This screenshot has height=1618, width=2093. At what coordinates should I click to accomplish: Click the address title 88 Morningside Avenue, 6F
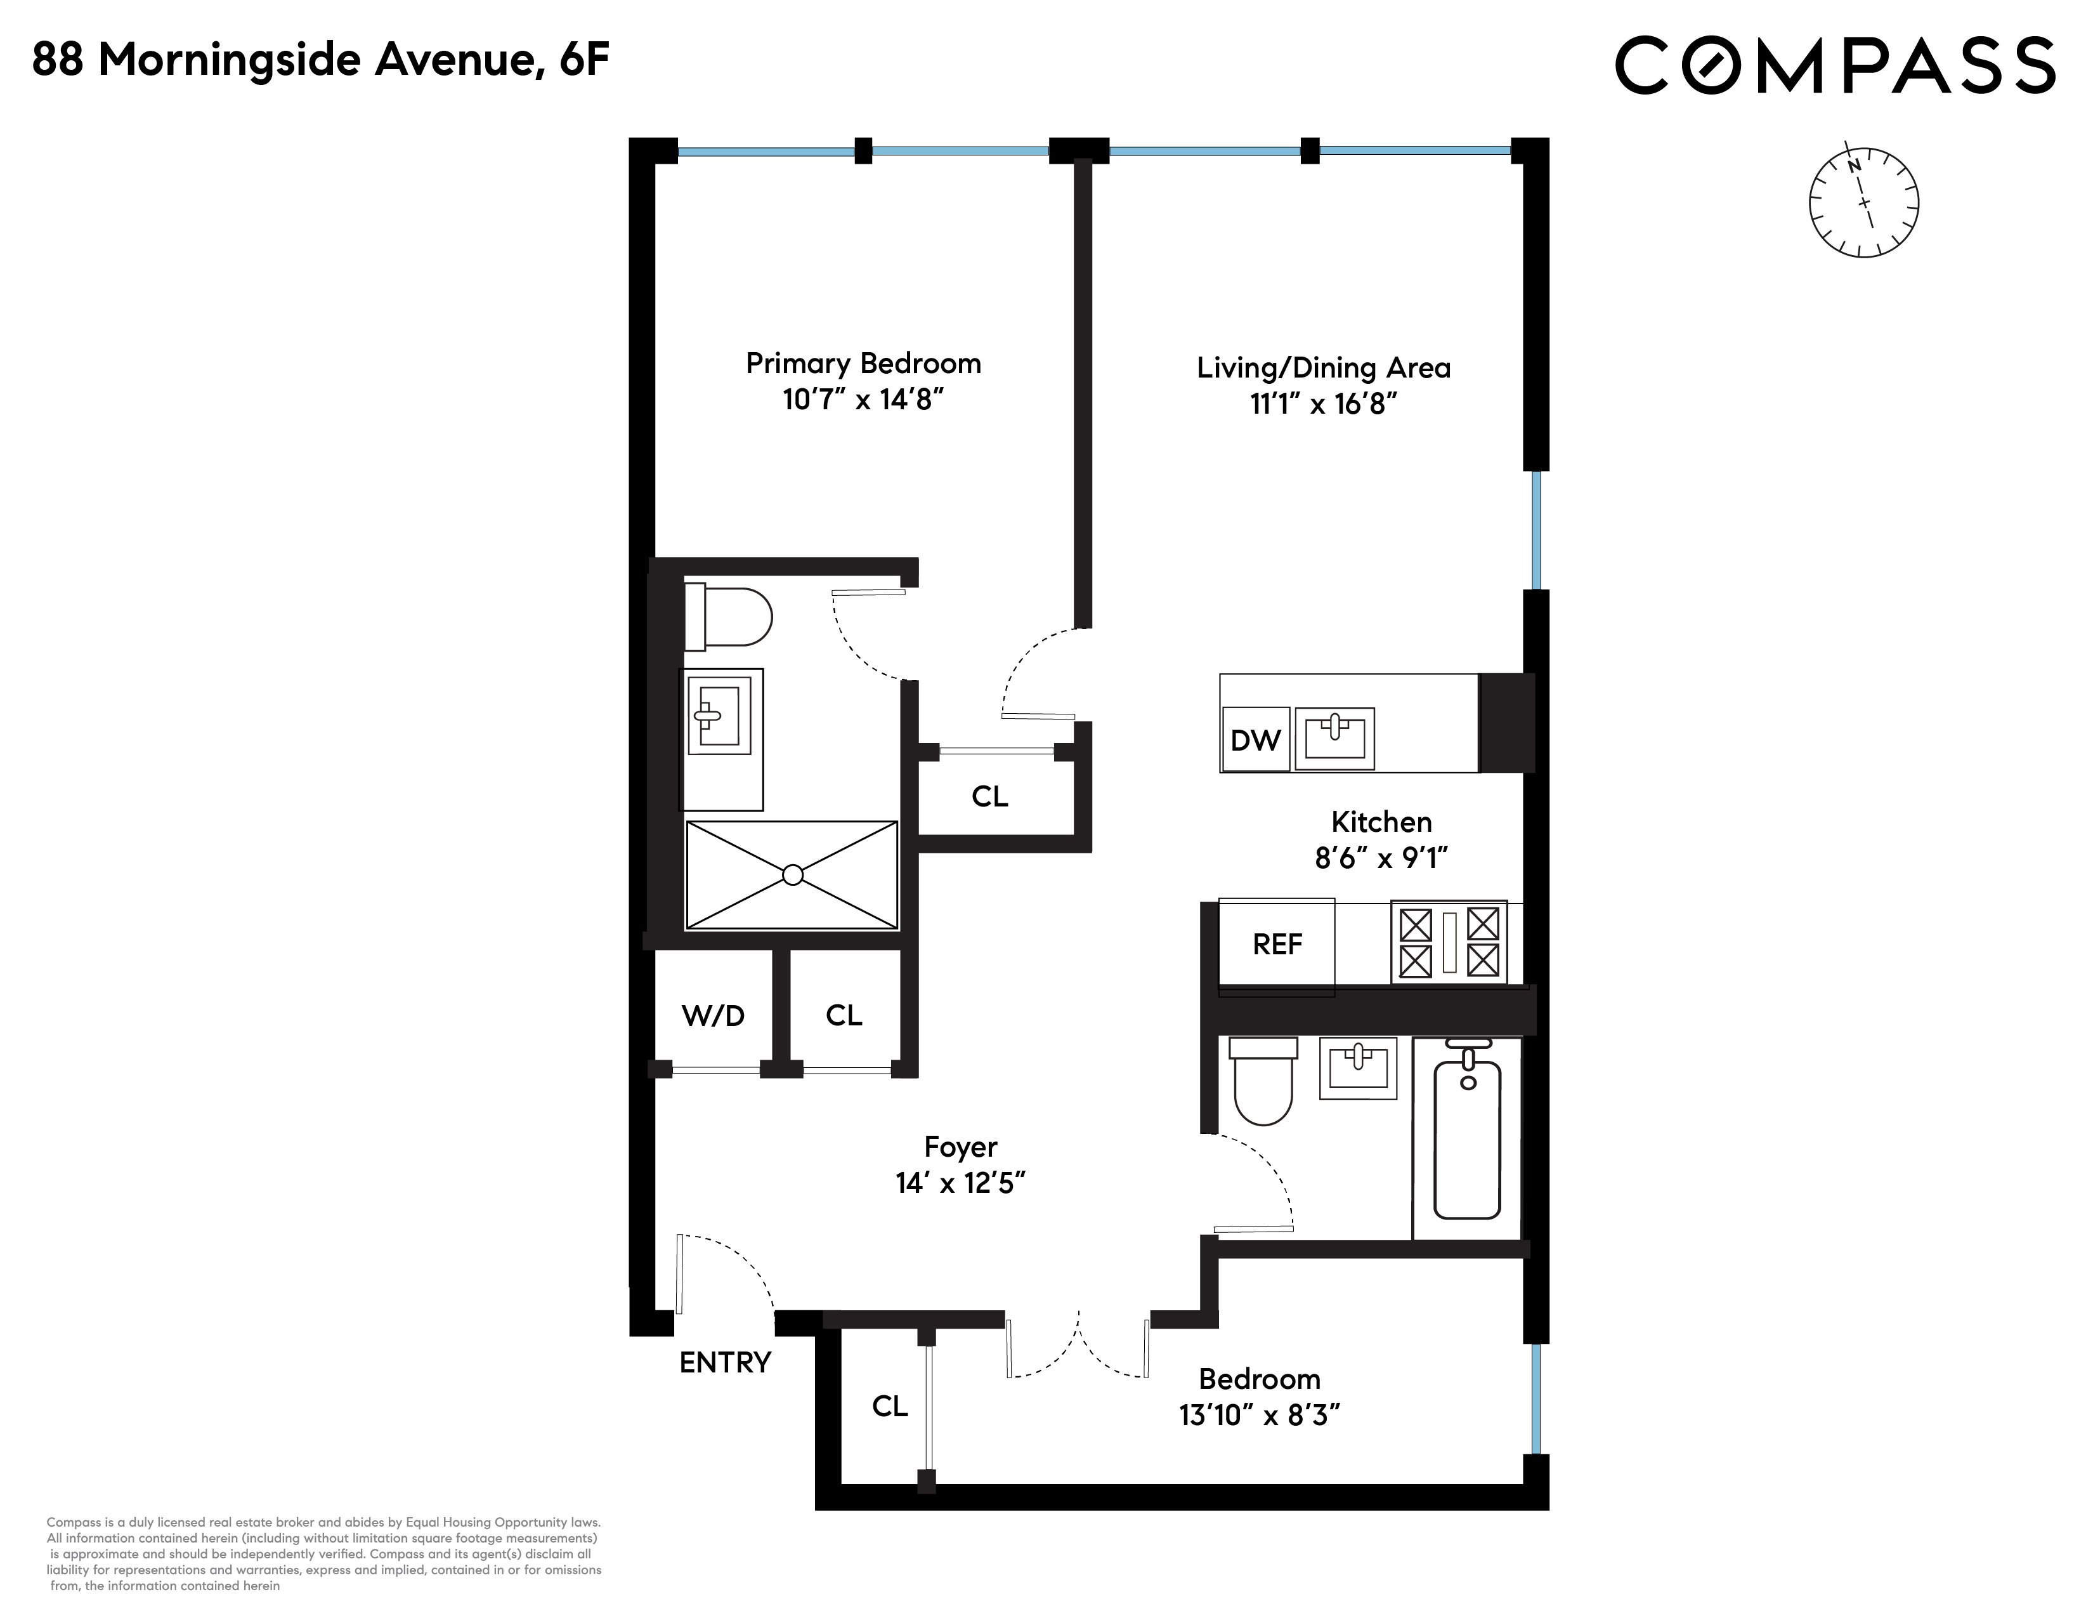click(321, 60)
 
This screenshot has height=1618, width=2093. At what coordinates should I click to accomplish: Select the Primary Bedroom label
click(863, 364)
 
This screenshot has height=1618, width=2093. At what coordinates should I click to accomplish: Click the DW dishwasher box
click(1255, 739)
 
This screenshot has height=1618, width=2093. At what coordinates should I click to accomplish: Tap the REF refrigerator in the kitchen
click(1277, 945)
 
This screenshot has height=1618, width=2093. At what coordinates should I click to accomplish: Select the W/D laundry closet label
click(713, 1015)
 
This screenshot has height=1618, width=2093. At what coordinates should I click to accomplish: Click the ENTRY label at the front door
click(726, 1362)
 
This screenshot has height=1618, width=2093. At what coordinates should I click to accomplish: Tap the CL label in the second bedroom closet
click(889, 1405)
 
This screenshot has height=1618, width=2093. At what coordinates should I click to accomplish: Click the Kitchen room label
click(1381, 822)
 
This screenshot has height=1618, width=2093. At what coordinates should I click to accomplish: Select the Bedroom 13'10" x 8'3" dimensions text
click(1259, 1415)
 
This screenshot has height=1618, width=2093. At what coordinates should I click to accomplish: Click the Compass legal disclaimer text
click(324, 1554)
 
